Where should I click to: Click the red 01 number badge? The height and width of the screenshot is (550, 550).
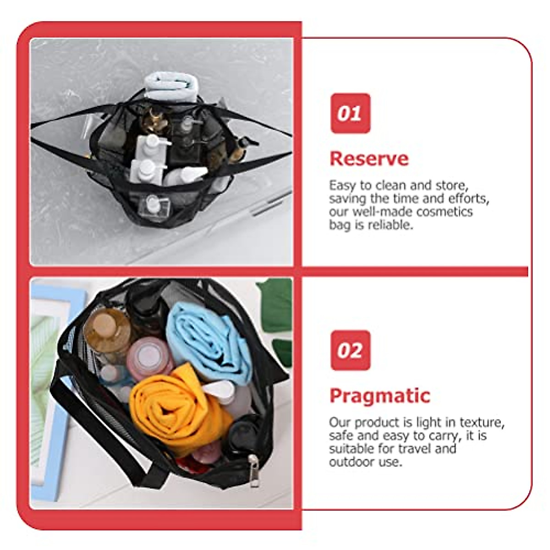350,113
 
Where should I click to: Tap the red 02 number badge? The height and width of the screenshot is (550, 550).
350,350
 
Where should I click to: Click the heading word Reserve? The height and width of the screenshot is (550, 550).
369,159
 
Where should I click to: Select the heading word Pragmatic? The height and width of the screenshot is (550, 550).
380,396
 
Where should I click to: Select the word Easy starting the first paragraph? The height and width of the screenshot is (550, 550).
342,185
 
